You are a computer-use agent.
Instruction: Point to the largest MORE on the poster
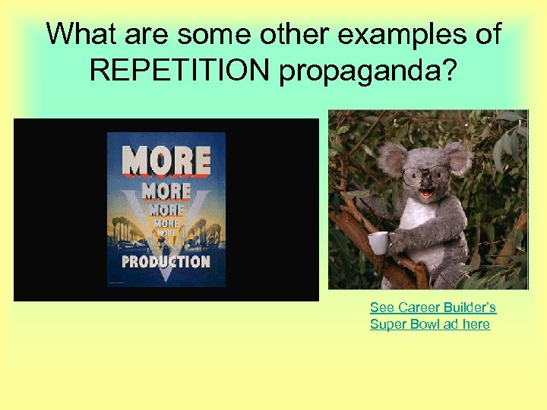click(x=166, y=161)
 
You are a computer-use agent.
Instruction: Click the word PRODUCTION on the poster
click(x=166, y=261)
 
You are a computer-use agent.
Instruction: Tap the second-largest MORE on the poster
click(x=166, y=191)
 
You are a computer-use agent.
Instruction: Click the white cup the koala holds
click(x=378, y=243)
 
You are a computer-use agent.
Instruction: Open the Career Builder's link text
click(x=433, y=307)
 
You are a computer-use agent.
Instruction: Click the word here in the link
click(x=476, y=324)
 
